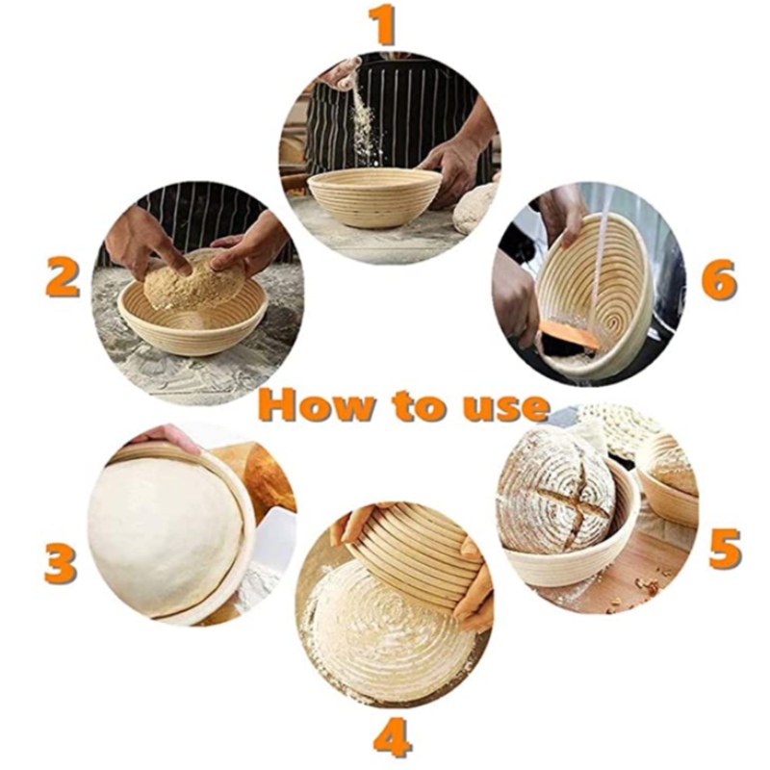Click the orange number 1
click(x=385, y=25)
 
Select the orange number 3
click(x=60, y=564)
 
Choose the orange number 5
click(x=724, y=546)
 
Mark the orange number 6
click(x=718, y=279)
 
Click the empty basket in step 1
click(x=374, y=197)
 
